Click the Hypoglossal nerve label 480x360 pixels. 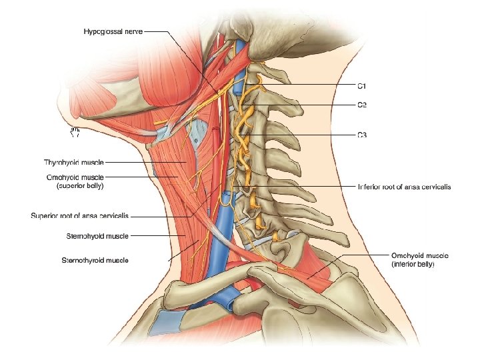pos(113,31)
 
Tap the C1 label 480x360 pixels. pos(361,86)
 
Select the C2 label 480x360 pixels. pos(361,105)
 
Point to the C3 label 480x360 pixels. pos(361,135)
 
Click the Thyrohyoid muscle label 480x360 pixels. pos(74,162)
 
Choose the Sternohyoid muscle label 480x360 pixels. pos(97,236)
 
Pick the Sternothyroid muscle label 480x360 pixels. pos(95,260)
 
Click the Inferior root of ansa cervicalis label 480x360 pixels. pos(404,187)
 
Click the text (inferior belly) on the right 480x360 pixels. pos(413,265)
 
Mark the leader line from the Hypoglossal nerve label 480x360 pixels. pos(157,31)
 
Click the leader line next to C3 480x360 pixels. pos(307,135)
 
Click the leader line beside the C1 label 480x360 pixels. pos(313,86)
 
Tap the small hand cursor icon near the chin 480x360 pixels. pos(75,131)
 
